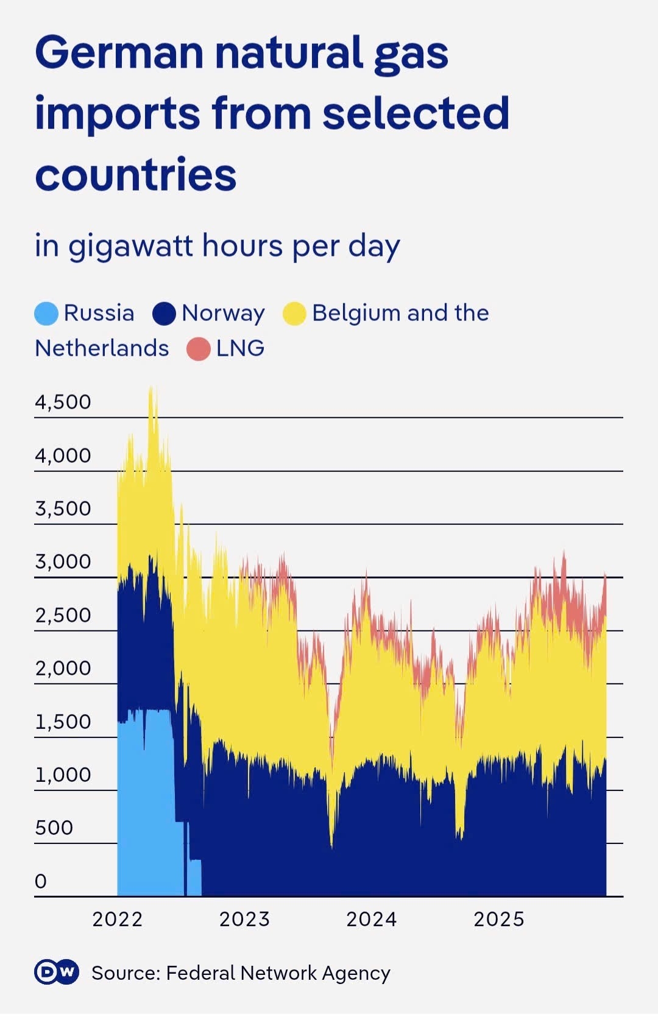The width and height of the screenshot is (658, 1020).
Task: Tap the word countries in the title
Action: point(135,175)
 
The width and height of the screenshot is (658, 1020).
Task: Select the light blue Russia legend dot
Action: point(46,314)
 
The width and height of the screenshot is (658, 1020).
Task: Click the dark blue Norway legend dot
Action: point(164,314)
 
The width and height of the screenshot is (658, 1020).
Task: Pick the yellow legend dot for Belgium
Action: point(294,314)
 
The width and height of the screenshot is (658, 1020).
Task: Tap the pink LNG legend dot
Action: point(198,349)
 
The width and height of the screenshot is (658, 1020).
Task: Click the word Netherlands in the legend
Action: point(102,348)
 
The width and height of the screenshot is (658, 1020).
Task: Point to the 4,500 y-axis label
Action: point(63,402)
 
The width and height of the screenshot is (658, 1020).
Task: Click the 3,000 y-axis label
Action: point(63,561)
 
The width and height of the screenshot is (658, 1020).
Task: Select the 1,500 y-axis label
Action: point(63,722)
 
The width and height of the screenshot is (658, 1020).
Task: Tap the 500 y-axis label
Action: point(54,828)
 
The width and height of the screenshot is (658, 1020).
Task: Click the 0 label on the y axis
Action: point(40,881)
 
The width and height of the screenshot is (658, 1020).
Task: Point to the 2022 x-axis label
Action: point(117,919)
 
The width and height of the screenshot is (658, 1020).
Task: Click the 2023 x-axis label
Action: point(244,919)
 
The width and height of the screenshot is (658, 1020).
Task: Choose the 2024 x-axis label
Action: point(372,919)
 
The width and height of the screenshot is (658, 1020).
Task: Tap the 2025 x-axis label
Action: point(499,919)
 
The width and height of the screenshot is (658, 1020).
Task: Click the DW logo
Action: point(57,972)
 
